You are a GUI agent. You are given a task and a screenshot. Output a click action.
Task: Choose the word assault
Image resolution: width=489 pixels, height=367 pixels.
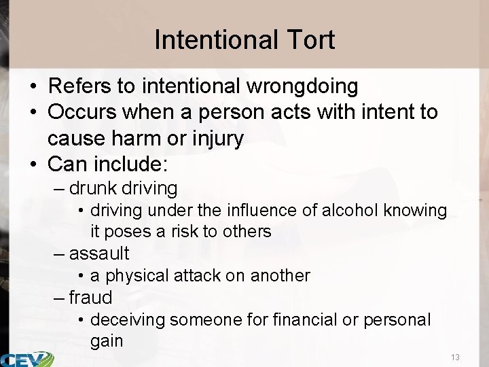tap(99, 254)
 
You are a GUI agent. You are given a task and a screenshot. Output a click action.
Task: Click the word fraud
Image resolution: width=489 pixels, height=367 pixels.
tap(90, 297)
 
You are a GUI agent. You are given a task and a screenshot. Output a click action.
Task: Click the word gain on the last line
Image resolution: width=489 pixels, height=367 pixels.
tap(107, 340)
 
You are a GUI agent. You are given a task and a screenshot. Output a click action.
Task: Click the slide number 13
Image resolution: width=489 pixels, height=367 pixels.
tap(455, 357)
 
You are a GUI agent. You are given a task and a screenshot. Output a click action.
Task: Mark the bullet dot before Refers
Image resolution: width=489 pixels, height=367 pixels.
tap(33, 87)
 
